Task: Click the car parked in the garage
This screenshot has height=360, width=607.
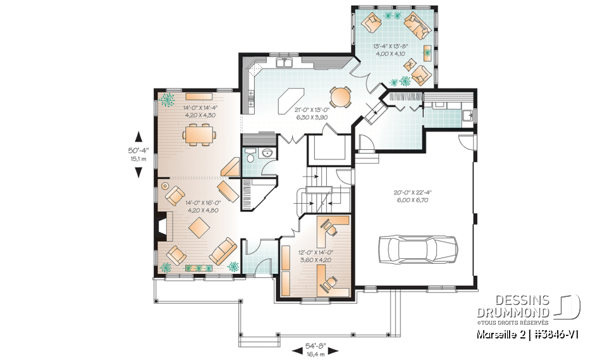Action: point(417,249)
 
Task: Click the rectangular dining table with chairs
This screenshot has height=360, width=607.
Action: point(199,135)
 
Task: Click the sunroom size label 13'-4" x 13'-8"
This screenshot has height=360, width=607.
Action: point(390,50)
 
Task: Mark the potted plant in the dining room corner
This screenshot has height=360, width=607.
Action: point(168,99)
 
